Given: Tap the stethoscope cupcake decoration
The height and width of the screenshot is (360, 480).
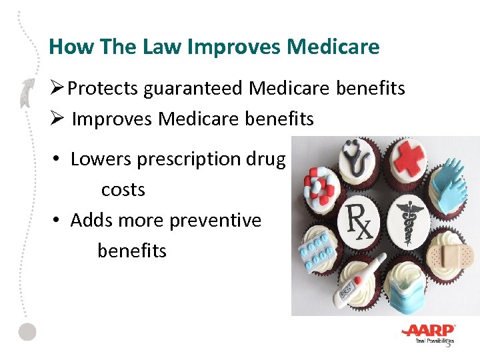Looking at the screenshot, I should tap(359, 161).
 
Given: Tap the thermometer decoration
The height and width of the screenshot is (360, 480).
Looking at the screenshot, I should tap(361, 281).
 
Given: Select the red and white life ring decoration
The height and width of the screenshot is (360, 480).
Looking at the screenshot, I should tap(319, 189).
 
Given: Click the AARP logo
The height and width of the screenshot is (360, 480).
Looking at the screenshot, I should tap(429, 331).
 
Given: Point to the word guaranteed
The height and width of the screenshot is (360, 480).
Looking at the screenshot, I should tap(189, 89).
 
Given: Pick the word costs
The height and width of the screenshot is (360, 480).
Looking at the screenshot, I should tap(123, 190).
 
